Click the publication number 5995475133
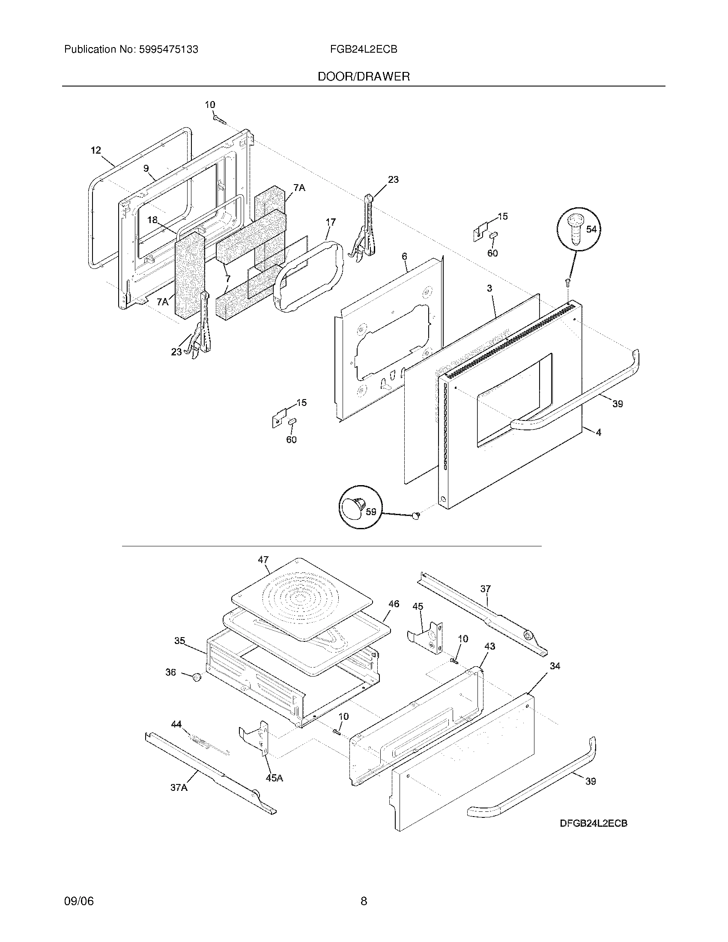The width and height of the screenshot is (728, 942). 169,50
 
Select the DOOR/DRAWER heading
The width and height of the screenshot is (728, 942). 364,77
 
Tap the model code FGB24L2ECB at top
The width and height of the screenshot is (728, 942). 364,50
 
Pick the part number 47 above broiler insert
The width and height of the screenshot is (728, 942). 263,560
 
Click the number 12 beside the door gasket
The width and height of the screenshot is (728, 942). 96,150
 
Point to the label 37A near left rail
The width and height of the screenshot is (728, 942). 179,787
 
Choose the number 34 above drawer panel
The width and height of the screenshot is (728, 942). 555,666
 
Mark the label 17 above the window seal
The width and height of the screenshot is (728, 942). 330,222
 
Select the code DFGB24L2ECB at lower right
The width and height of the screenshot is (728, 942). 594,823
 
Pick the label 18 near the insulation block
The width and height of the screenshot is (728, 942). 152,220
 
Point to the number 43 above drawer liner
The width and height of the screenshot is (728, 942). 489,646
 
